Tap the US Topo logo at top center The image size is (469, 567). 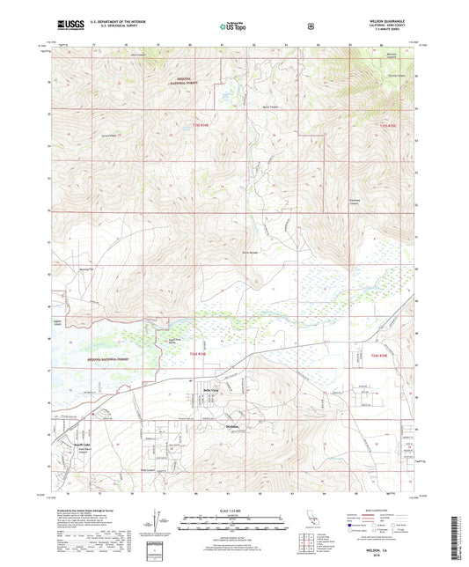tap(231, 27)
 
